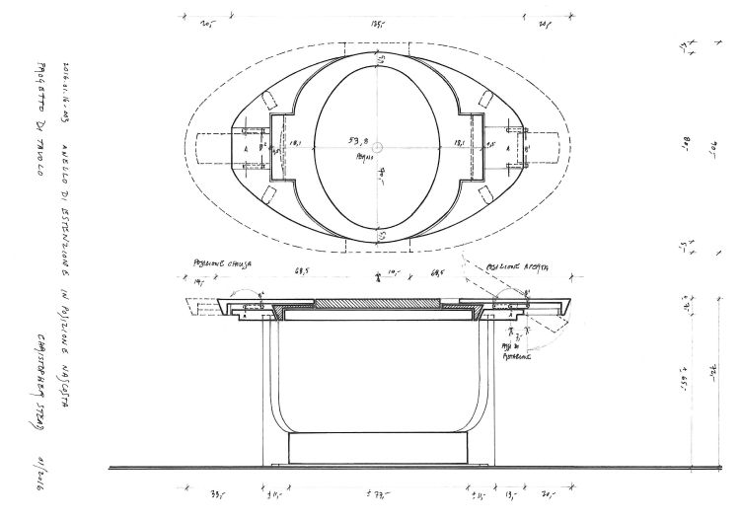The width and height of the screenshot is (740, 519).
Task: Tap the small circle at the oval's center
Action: tap(379, 146)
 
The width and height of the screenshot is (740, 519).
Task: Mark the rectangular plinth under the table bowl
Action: tap(379, 449)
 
